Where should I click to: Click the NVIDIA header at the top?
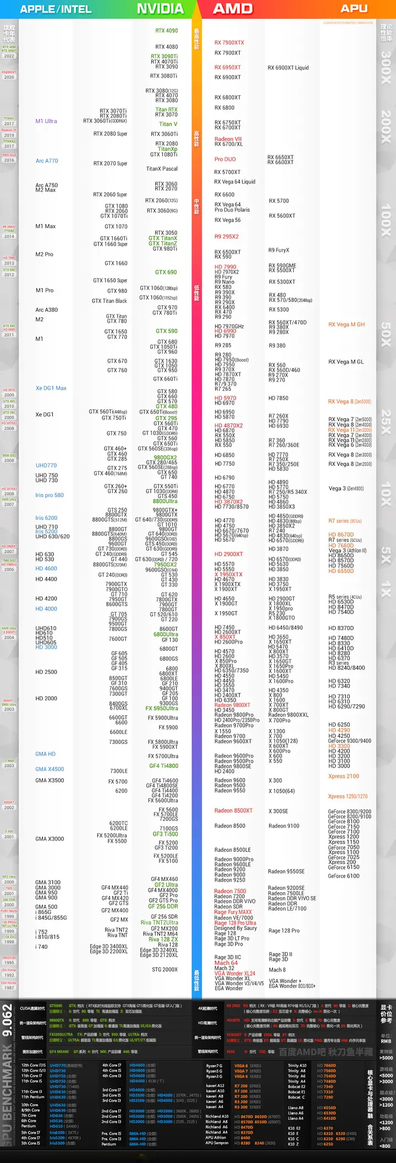pyautogui.click(x=160, y=9)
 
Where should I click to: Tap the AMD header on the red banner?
pyautogui.click(x=233, y=9)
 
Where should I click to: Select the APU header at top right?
pyautogui.click(x=354, y=8)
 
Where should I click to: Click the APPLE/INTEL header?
pyautogui.click(x=56, y=9)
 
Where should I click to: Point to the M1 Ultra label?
pyautogui.click(x=46, y=121)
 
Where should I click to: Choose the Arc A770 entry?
pyautogui.click(x=47, y=161)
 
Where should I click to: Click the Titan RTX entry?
pyautogui.click(x=166, y=110)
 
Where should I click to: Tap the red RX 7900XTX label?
pyautogui.click(x=229, y=42)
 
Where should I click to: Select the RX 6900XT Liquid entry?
pyautogui.click(x=288, y=68)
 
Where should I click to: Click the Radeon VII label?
pyautogui.click(x=228, y=139)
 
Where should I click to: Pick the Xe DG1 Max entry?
pyautogui.click(x=51, y=388)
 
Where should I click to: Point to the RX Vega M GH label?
pyautogui.click(x=346, y=324)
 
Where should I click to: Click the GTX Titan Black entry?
pyautogui.click(x=109, y=301)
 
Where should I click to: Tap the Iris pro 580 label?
pyautogui.click(x=50, y=495)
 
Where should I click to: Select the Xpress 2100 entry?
pyautogui.click(x=344, y=776)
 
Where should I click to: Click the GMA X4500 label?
pyautogui.click(x=50, y=769)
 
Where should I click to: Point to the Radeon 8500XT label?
pyautogui.click(x=234, y=811)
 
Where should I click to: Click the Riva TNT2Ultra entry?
pyautogui.click(x=159, y=922)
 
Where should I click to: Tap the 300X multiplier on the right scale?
pyautogui.click(x=386, y=67)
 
